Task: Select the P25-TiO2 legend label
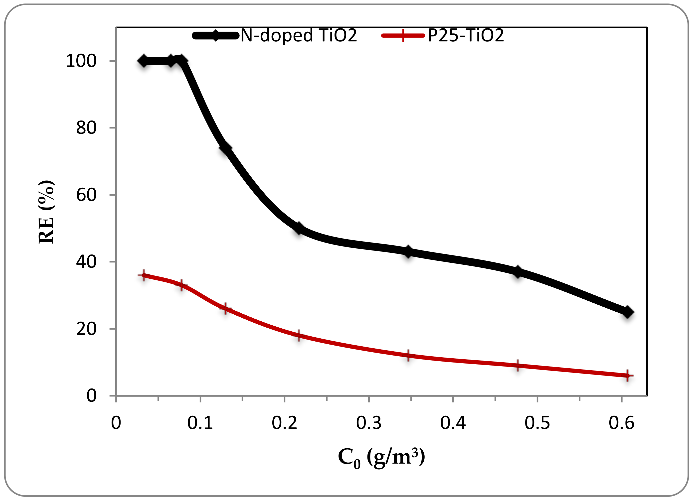[x=466, y=35]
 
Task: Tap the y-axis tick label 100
[x=81, y=61]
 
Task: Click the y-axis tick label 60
[x=86, y=195]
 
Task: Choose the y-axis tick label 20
[x=86, y=329]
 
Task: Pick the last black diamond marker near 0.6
[x=627, y=312]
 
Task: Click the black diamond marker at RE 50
[x=299, y=229]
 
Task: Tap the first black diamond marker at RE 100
[x=144, y=61]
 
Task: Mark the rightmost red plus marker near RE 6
[x=627, y=376]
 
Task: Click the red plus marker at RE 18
[x=299, y=336]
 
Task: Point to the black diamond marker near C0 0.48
[x=518, y=271]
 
